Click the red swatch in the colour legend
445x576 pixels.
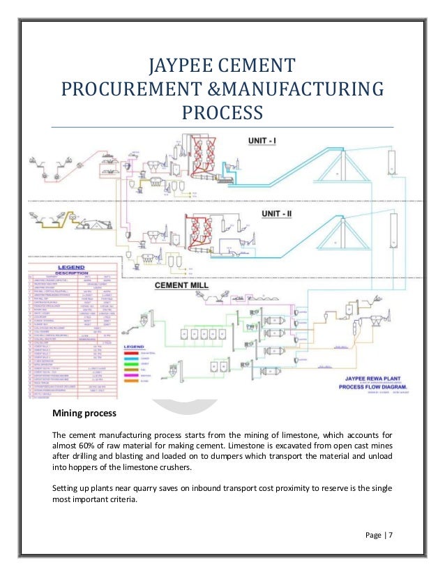tap(132, 353)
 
